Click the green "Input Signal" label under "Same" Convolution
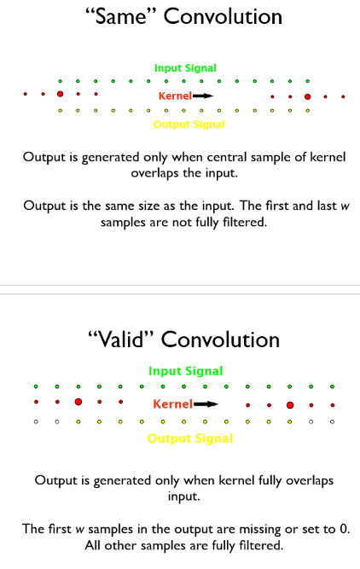pos(185,67)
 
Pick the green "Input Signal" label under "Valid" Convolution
pos(185,371)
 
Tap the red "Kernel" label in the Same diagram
pos(174,96)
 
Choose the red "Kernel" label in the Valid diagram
pos(172,404)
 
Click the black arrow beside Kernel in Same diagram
pos(202,96)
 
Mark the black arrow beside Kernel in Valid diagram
pos(206,404)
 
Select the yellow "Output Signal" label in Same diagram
pos(189,125)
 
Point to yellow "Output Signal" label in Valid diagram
pos(189,438)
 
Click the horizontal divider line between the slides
pos(180,285)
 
